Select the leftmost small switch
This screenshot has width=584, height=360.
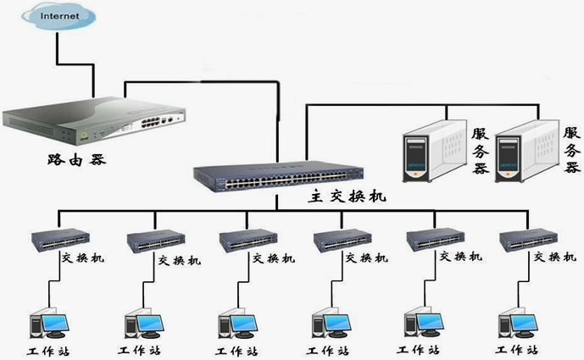pyautogui.click(x=62, y=241)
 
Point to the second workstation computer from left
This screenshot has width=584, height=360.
pyautogui.click(x=142, y=324)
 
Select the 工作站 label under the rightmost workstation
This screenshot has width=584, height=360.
pyautogui.click(x=516, y=350)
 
